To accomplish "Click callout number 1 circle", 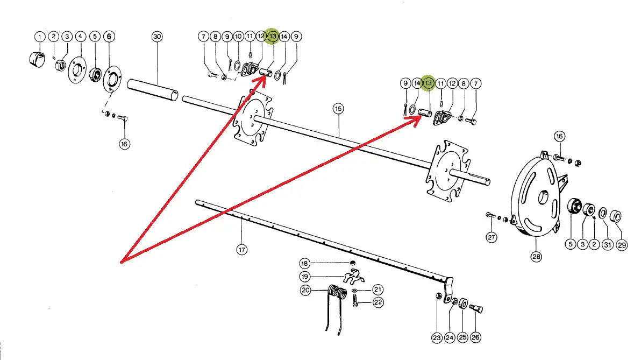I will point(40,37).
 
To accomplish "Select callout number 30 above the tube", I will point(157,37).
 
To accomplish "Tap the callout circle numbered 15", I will point(338,109).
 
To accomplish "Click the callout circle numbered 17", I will point(241,249).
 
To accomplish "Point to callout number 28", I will point(536,257).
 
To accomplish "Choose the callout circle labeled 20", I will point(305,290).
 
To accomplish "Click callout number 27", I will point(492,237).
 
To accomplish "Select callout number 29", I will point(622,245).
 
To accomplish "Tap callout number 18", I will point(305,264).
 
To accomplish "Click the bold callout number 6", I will point(110,37).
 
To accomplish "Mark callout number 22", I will point(378,302).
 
